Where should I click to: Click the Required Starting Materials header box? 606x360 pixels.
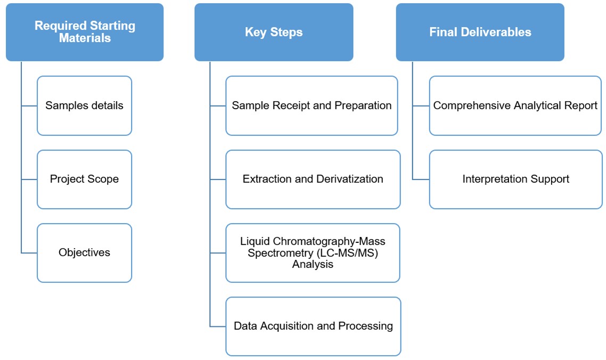pyautogui.click(x=85, y=32)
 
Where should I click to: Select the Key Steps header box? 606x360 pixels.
pyautogui.click(x=273, y=32)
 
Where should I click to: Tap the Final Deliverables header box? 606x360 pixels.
pyautogui.click(x=480, y=32)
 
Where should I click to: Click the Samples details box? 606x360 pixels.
pyautogui.click(x=84, y=105)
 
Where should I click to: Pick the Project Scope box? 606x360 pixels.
pyautogui.click(x=84, y=179)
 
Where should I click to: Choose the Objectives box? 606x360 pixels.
pyautogui.click(x=84, y=252)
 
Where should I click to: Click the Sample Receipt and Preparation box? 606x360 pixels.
pyautogui.click(x=312, y=105)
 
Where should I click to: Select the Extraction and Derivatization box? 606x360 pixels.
pyautogui.click(x=313, y=179)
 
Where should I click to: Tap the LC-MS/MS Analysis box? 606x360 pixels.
pyautogui.click(x=313, y=252)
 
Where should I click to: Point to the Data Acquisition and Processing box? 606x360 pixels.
pyautogui.click(x=313, y=326)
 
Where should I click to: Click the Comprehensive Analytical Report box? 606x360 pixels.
pyautogui.click(x=515, y=105)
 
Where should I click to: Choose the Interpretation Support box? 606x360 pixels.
pyautogui.click(x=515, y=179)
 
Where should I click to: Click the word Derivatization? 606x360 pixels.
pyautogui.click(x=349, y=179)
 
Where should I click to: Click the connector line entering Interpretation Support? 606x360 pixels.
pyautogui.click(x=421, y=179)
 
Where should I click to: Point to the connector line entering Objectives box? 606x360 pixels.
pyautogui.click(x=29, y=252)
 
